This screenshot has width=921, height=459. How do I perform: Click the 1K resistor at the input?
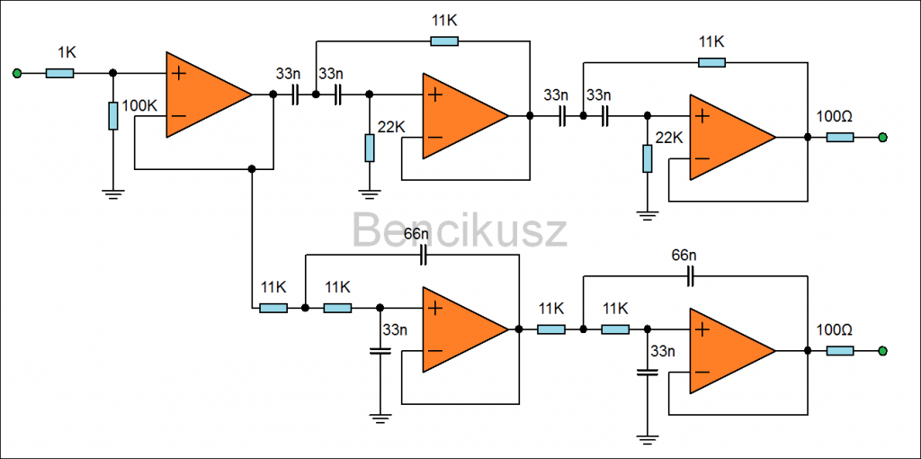[59, 73]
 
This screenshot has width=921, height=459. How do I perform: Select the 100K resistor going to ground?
[113, 116]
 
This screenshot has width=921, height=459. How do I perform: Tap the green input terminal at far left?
[17, 73]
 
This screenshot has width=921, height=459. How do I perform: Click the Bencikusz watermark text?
[459, 230]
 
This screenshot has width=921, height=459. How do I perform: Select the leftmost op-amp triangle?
[205, 94]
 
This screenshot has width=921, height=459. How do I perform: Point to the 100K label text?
[139, 106]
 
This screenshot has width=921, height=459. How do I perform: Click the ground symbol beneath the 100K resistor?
[113, 193]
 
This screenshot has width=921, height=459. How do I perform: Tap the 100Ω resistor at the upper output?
[839, 137]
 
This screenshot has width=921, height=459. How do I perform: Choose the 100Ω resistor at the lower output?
[839, 350]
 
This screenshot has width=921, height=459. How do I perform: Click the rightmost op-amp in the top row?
[729, 137]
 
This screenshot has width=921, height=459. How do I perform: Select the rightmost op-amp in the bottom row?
[729, 350]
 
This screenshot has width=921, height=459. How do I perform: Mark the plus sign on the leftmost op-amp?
[180, 74]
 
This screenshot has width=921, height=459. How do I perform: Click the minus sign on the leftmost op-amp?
[180, 116]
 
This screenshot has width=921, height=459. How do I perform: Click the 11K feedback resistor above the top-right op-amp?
[711, 62]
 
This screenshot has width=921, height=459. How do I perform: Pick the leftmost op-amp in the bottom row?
[462, 329]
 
